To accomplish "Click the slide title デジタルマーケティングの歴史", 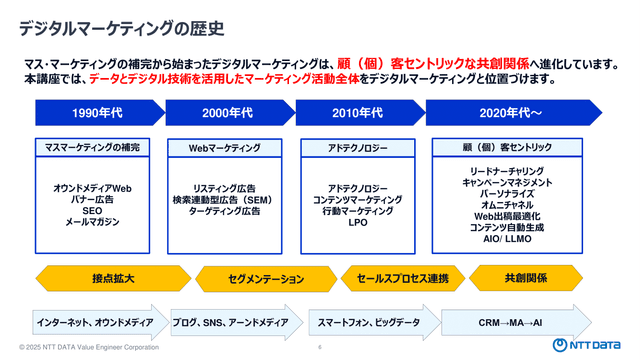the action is (121, 29).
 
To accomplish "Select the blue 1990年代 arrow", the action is (100, 113).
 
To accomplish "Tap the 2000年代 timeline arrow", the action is (230, 113).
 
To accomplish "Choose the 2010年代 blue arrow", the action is (360, 113).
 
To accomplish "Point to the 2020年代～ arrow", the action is (514, 113).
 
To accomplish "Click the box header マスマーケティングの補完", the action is (92, 147).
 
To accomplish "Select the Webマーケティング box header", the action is (224, 148).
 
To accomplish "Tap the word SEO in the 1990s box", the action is (92, 211).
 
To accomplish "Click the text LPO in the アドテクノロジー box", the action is (358, 222).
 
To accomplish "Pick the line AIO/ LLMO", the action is (507, 239).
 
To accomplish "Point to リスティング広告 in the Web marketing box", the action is (224, 189).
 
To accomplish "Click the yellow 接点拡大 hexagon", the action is (113, 278).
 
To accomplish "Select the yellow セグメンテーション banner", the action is (266, 279).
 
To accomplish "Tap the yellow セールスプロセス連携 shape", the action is (403, 278).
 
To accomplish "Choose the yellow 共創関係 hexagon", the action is (526, 278).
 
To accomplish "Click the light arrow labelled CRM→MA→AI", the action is (516, 322).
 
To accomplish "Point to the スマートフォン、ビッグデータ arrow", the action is (375, 322).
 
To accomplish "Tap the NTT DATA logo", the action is (587, 345).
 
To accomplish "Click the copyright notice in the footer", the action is (89, 347).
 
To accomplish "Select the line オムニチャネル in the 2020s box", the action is (507, 205).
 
